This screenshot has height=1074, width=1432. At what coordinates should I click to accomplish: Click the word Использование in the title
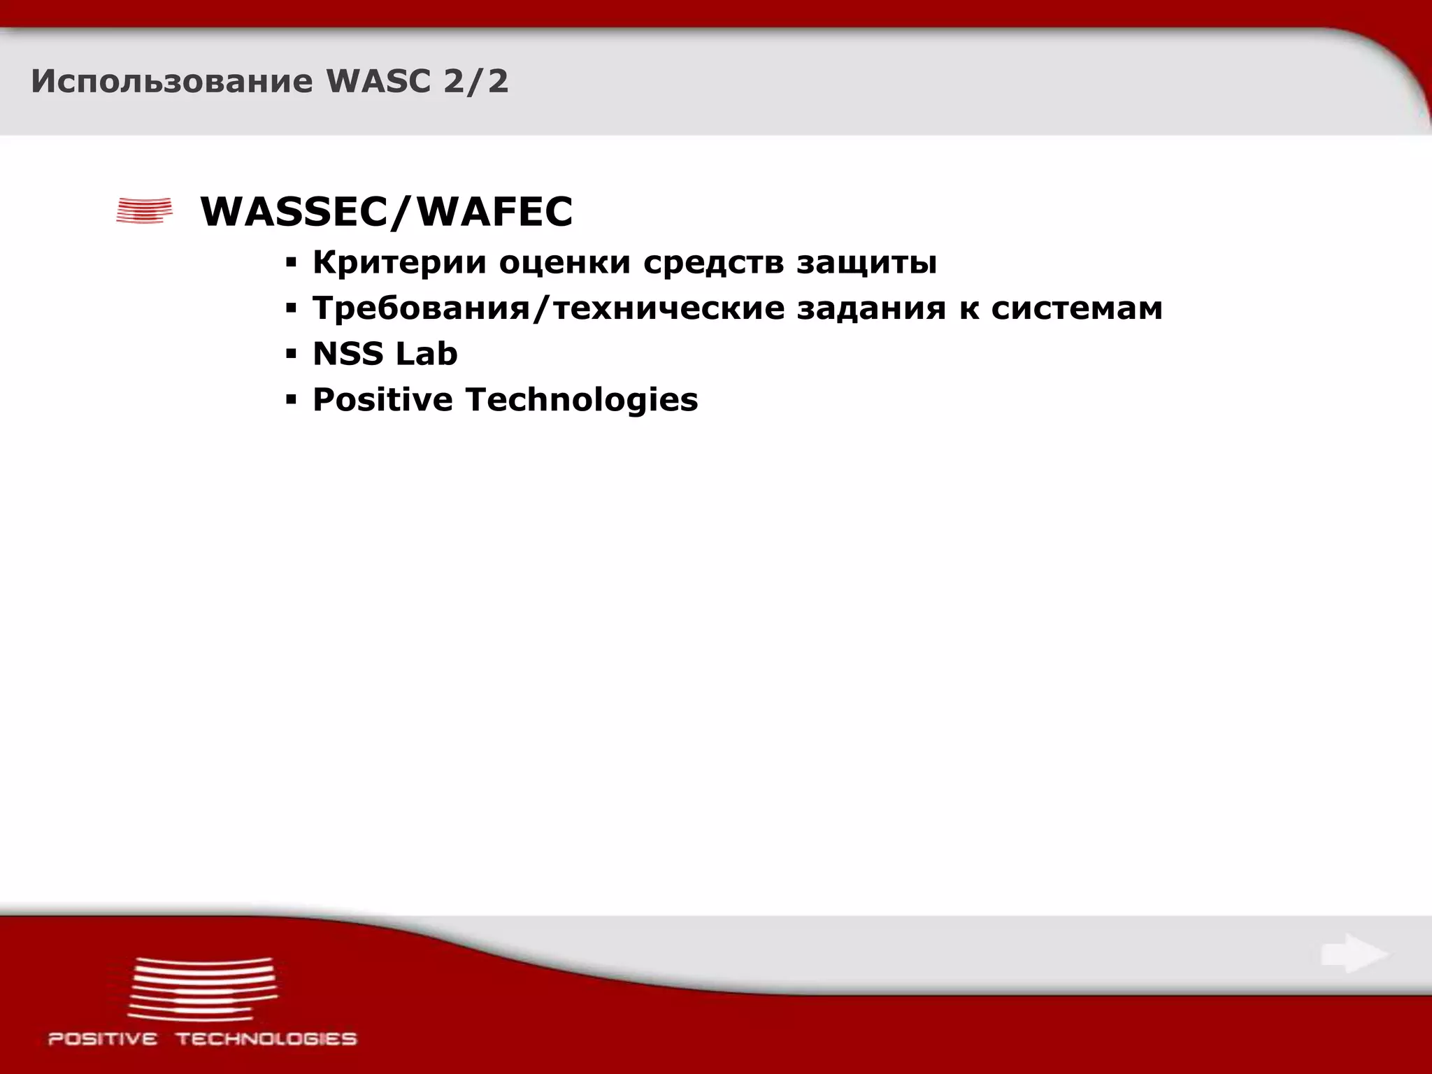171,82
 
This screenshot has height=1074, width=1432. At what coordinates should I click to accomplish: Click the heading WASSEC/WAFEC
387,212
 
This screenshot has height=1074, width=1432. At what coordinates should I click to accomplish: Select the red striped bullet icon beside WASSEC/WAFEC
144,210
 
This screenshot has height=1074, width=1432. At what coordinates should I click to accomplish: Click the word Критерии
399,263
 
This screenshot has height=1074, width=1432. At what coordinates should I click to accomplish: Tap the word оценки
565,263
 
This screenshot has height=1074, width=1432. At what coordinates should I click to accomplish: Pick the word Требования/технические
549,308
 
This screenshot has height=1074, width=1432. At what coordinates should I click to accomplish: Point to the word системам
1077,308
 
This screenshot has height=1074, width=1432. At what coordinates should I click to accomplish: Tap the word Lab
426,354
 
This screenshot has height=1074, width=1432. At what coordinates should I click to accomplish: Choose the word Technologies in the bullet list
582,400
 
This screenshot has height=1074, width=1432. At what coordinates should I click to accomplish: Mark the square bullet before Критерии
292,264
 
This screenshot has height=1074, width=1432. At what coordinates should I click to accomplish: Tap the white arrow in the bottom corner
1354,954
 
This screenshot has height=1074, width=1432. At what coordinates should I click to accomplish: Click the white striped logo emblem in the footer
203,988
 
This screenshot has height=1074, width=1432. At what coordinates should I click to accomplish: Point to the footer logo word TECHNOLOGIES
266,1039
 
